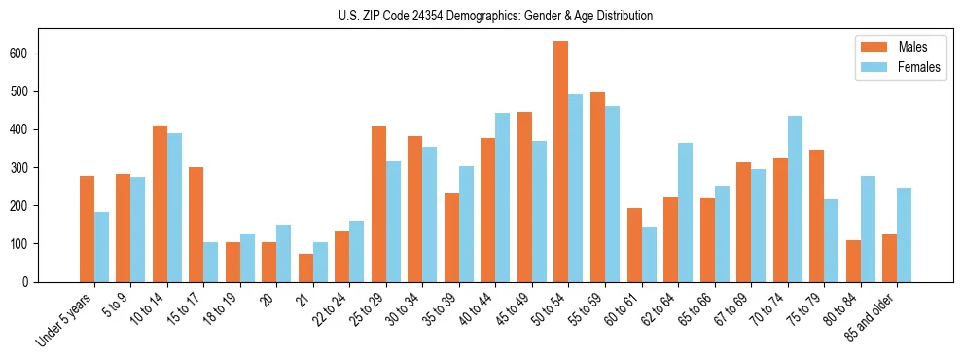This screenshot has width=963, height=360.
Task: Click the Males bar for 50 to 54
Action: [561, 162]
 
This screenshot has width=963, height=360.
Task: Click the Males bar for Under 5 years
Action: [87, 229]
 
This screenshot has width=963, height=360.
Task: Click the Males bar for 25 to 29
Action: [378, 203]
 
